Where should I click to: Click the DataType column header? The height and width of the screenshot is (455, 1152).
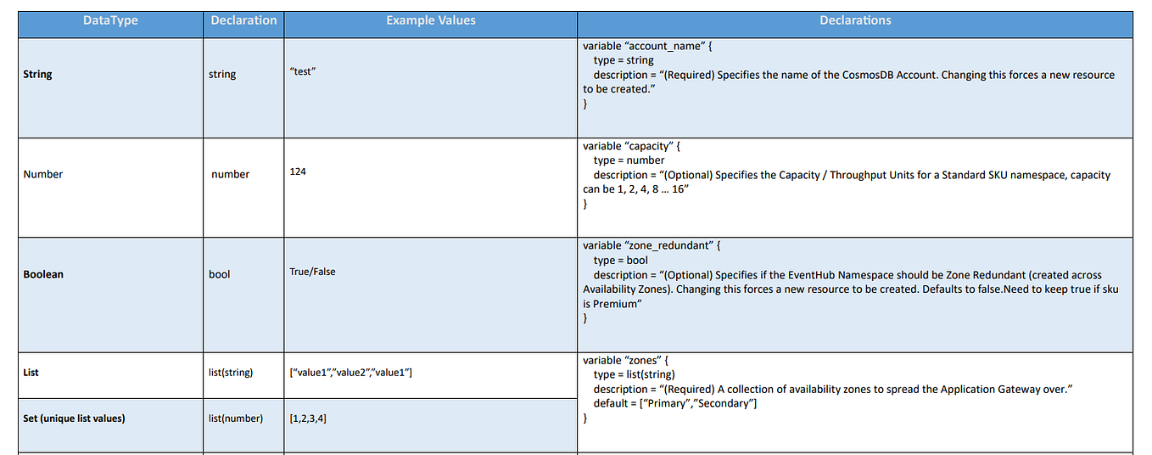click(110, 20)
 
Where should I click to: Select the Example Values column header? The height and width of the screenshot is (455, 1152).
click(430, 20)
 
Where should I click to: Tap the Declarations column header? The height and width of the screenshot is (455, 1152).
click(854, 20)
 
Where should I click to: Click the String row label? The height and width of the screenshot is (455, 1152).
click(38, 75)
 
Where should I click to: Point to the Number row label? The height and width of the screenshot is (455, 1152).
click(43, 174)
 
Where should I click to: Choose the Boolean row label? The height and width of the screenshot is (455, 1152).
click(43, 274)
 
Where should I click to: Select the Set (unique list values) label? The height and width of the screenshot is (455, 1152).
click(74, 418)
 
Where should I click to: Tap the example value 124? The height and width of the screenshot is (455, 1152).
click(298, 172)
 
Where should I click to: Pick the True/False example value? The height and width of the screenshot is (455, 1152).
click(312, 272)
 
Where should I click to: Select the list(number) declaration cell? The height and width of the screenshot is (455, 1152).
click(236, 418)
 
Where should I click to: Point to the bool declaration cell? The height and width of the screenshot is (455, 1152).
click(219, 274)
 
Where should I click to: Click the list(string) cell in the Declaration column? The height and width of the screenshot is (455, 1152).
click(231, 373)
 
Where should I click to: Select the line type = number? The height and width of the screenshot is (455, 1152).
click(629, 160)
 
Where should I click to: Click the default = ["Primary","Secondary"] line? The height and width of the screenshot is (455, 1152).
click(674, 403)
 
